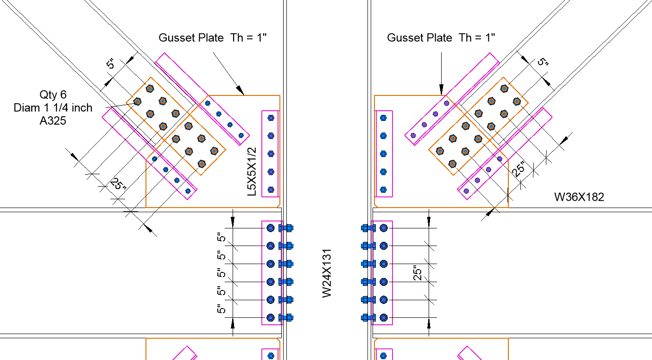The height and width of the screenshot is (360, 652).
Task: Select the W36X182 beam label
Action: tap(579, 197)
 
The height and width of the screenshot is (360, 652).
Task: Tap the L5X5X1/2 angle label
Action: tap(252, 171)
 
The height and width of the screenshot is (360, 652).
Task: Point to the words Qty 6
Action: tap(53, 95)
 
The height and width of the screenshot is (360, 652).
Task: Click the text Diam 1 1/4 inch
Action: tap(53, 108)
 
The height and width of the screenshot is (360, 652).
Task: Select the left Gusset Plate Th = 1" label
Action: tap(213, 38)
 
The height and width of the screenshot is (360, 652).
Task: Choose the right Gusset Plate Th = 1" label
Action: tap(441, 38)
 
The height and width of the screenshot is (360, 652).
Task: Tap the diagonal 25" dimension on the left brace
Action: tap(118, 185)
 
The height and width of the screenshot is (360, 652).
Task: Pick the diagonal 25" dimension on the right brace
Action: tap(519, 169)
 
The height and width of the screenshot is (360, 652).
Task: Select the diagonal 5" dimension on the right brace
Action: tap(543, 62)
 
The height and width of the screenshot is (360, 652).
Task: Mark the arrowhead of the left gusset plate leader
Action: tap(241, 92)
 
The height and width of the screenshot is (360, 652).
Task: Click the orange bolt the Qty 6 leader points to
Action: tap(137, 101)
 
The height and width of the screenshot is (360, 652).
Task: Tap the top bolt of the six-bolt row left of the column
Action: tap(271, 228)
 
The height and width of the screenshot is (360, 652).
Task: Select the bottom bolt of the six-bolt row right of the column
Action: tap(383, 317)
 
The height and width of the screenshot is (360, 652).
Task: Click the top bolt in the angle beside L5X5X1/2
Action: tap(271, 118)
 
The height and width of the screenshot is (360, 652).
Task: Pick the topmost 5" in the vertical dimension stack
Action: tap(222, 237)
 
